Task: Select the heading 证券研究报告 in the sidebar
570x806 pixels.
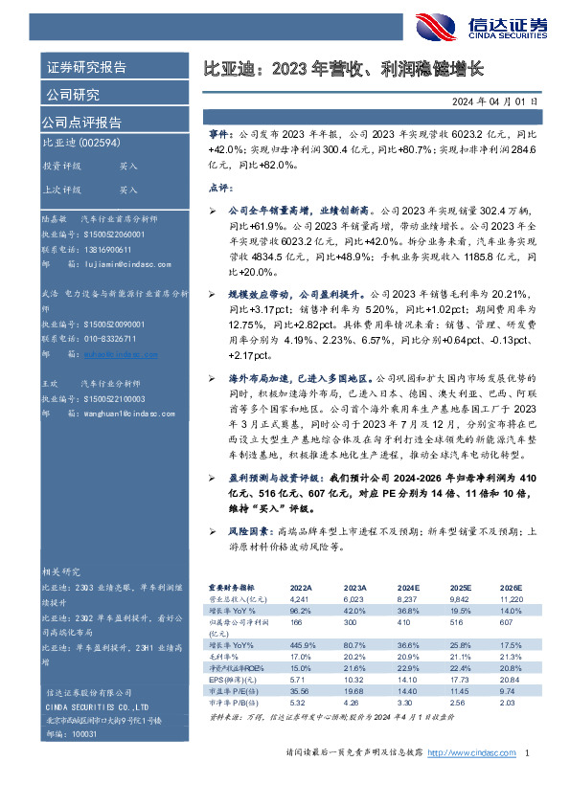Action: [x=86, y=67]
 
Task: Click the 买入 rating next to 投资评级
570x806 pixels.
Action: [x=128, y=166]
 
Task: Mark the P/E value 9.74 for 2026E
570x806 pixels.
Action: [x=508, y=689]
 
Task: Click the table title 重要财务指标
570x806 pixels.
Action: [x=232, y=588]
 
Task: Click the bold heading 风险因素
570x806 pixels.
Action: [x=249, y=530]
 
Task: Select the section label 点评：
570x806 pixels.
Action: [x=220, y=188]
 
